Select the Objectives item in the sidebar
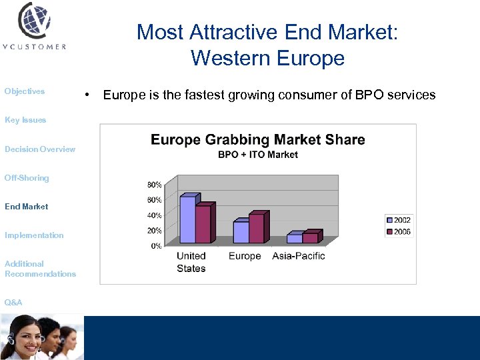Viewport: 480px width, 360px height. click(25, 91)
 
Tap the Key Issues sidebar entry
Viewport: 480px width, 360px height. click(25, 120)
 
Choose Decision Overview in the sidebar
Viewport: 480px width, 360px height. click(40, 149)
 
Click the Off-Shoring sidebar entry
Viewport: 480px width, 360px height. click(27, 178)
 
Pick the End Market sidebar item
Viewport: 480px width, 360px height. click(27, 207)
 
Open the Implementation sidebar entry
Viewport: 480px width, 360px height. click(34, 235)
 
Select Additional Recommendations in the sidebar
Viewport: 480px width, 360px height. click(40, 269)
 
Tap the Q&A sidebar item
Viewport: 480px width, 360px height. click(13, 303)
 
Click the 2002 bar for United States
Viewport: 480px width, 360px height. click(187, 220)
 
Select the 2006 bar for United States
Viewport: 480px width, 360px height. click(203, 225)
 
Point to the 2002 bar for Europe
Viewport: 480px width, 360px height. click(241, 233)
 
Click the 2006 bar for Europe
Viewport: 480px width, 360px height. click(256, 229)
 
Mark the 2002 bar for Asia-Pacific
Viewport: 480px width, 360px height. click(294, 239)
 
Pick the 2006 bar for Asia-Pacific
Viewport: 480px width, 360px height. click(310, 238)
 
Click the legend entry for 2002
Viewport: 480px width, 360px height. click(399, 220)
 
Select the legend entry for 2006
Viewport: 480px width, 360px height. click(399, 232)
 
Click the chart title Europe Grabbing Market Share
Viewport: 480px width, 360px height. click(257, 140)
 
